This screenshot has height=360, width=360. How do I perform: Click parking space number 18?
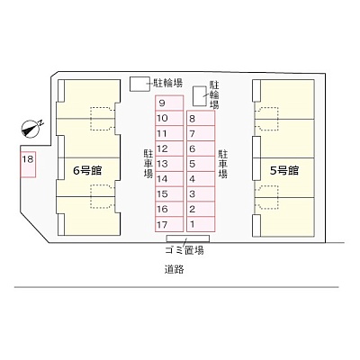pyautogui.click(x=28, y=165)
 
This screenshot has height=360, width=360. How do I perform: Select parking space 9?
pyautogui.click(x=169, y=103)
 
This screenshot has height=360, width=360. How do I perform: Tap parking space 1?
pyautogui.click(x=201, y=224)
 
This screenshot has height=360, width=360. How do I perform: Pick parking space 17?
pyautogui.click(x=169, y=224)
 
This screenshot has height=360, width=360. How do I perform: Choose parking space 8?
pyautogui.click(x=201, y=118)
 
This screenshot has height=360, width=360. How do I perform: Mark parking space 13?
pyautogui.click(x=169, y=164)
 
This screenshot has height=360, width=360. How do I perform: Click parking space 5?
pyautogui.click(x=201, y=164)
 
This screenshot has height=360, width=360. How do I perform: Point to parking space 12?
pyautogui.click(x=169, y=148)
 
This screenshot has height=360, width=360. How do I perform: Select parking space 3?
pyautogui.click(x=201, y=194)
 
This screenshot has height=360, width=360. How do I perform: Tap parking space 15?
pyautogui.click(x=169, y=194)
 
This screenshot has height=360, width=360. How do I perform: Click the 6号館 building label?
pyautogui.click(x=87, y=171)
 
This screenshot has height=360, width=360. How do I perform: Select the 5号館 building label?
pyautogui.click(x=284, y=171)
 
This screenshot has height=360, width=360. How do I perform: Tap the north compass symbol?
pyautogui.click(x=31, y=130)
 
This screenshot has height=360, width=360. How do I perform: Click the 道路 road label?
pyautogui.click(x=174, y=269)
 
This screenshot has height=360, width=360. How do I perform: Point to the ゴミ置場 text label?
pyautogui.click(x=184, y=250)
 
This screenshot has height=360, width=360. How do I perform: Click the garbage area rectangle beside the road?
pyautogui.click(x=188, y=238)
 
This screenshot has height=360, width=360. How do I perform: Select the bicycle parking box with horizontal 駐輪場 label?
pyautogui.click(x=139, y=84)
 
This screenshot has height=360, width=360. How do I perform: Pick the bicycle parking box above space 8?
pyautogui.click(x=200, y=96)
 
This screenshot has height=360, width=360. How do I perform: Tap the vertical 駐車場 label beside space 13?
pyautogui.click(x=148, y=164)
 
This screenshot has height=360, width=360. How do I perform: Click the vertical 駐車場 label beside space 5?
pyautogui.click(x=222, y=164)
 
